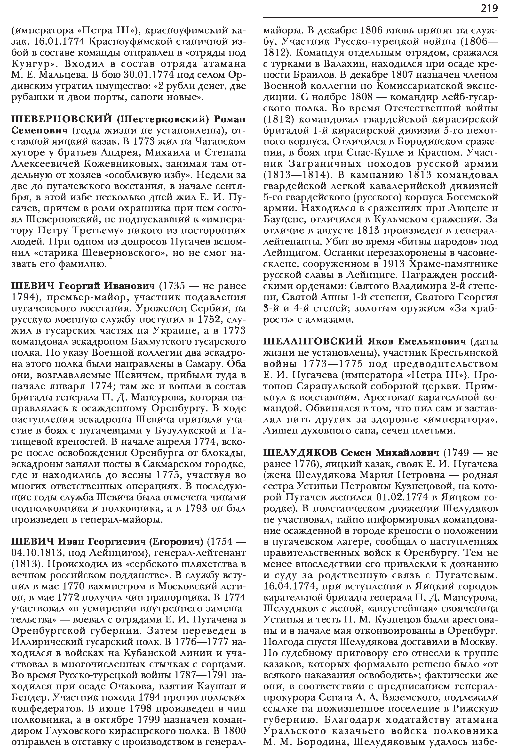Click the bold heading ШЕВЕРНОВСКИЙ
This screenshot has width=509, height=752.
pyautogui.click(x=61, y=119)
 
